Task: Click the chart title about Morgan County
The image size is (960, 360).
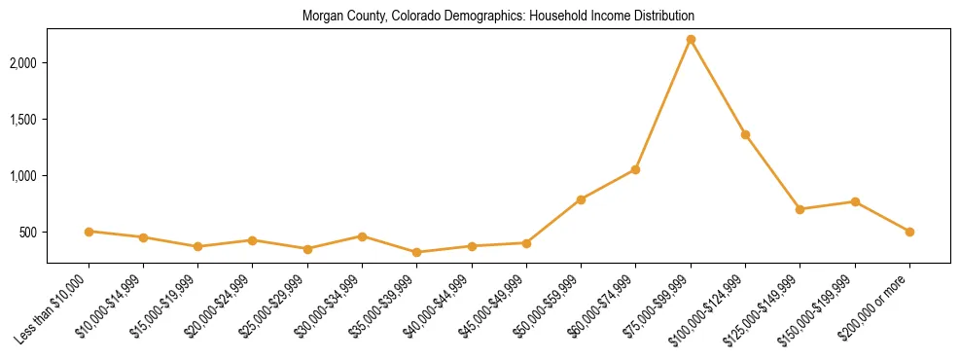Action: coord(498,17)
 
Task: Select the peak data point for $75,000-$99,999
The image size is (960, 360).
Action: coord(691,39)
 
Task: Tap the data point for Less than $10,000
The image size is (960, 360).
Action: coord(89,232)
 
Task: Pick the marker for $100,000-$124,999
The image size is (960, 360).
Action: coord(745,134)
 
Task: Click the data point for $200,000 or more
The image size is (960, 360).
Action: coord(909,232)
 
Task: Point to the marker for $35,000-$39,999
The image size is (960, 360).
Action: coord(417,252)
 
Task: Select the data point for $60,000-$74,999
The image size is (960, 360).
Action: coord(635,169)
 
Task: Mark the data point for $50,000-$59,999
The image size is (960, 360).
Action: coord(581,199)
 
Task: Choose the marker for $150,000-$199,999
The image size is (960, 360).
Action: coord(855,201)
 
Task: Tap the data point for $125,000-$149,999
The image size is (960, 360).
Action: coord(800,209)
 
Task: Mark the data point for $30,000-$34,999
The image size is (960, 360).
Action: coord(362,236)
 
